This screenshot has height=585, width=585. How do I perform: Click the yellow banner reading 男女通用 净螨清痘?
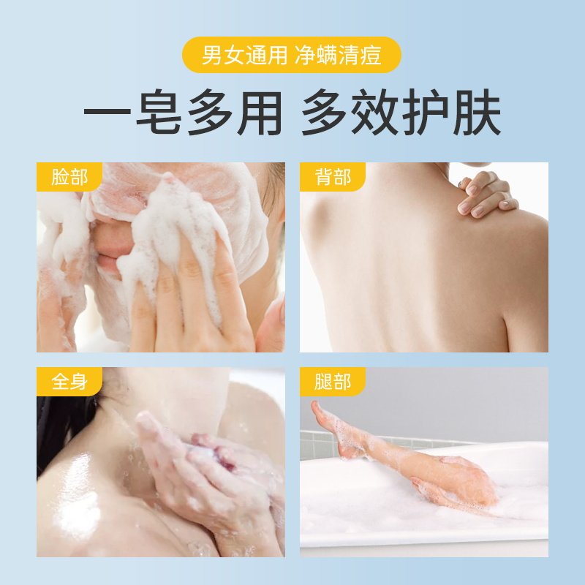pyautogui.click(x=292, y=56)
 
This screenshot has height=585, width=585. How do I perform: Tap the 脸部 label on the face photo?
pyautogui.click(x=69, y=178)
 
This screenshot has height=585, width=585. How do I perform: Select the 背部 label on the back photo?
pyautogui.click(x=333, y=178)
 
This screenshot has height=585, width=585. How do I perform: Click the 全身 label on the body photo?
pyautogui.click(x=69, y=382)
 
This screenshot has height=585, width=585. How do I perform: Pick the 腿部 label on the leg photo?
pyautogui.click(x=333, y=382)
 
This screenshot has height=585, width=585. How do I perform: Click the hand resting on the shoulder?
pyautogui.click(x=483, y=195)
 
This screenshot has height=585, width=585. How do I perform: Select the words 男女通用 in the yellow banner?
pyautogui.click(x=244, y=56)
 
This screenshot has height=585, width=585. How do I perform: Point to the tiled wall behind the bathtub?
pyautogui.click(x=322, y=442)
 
